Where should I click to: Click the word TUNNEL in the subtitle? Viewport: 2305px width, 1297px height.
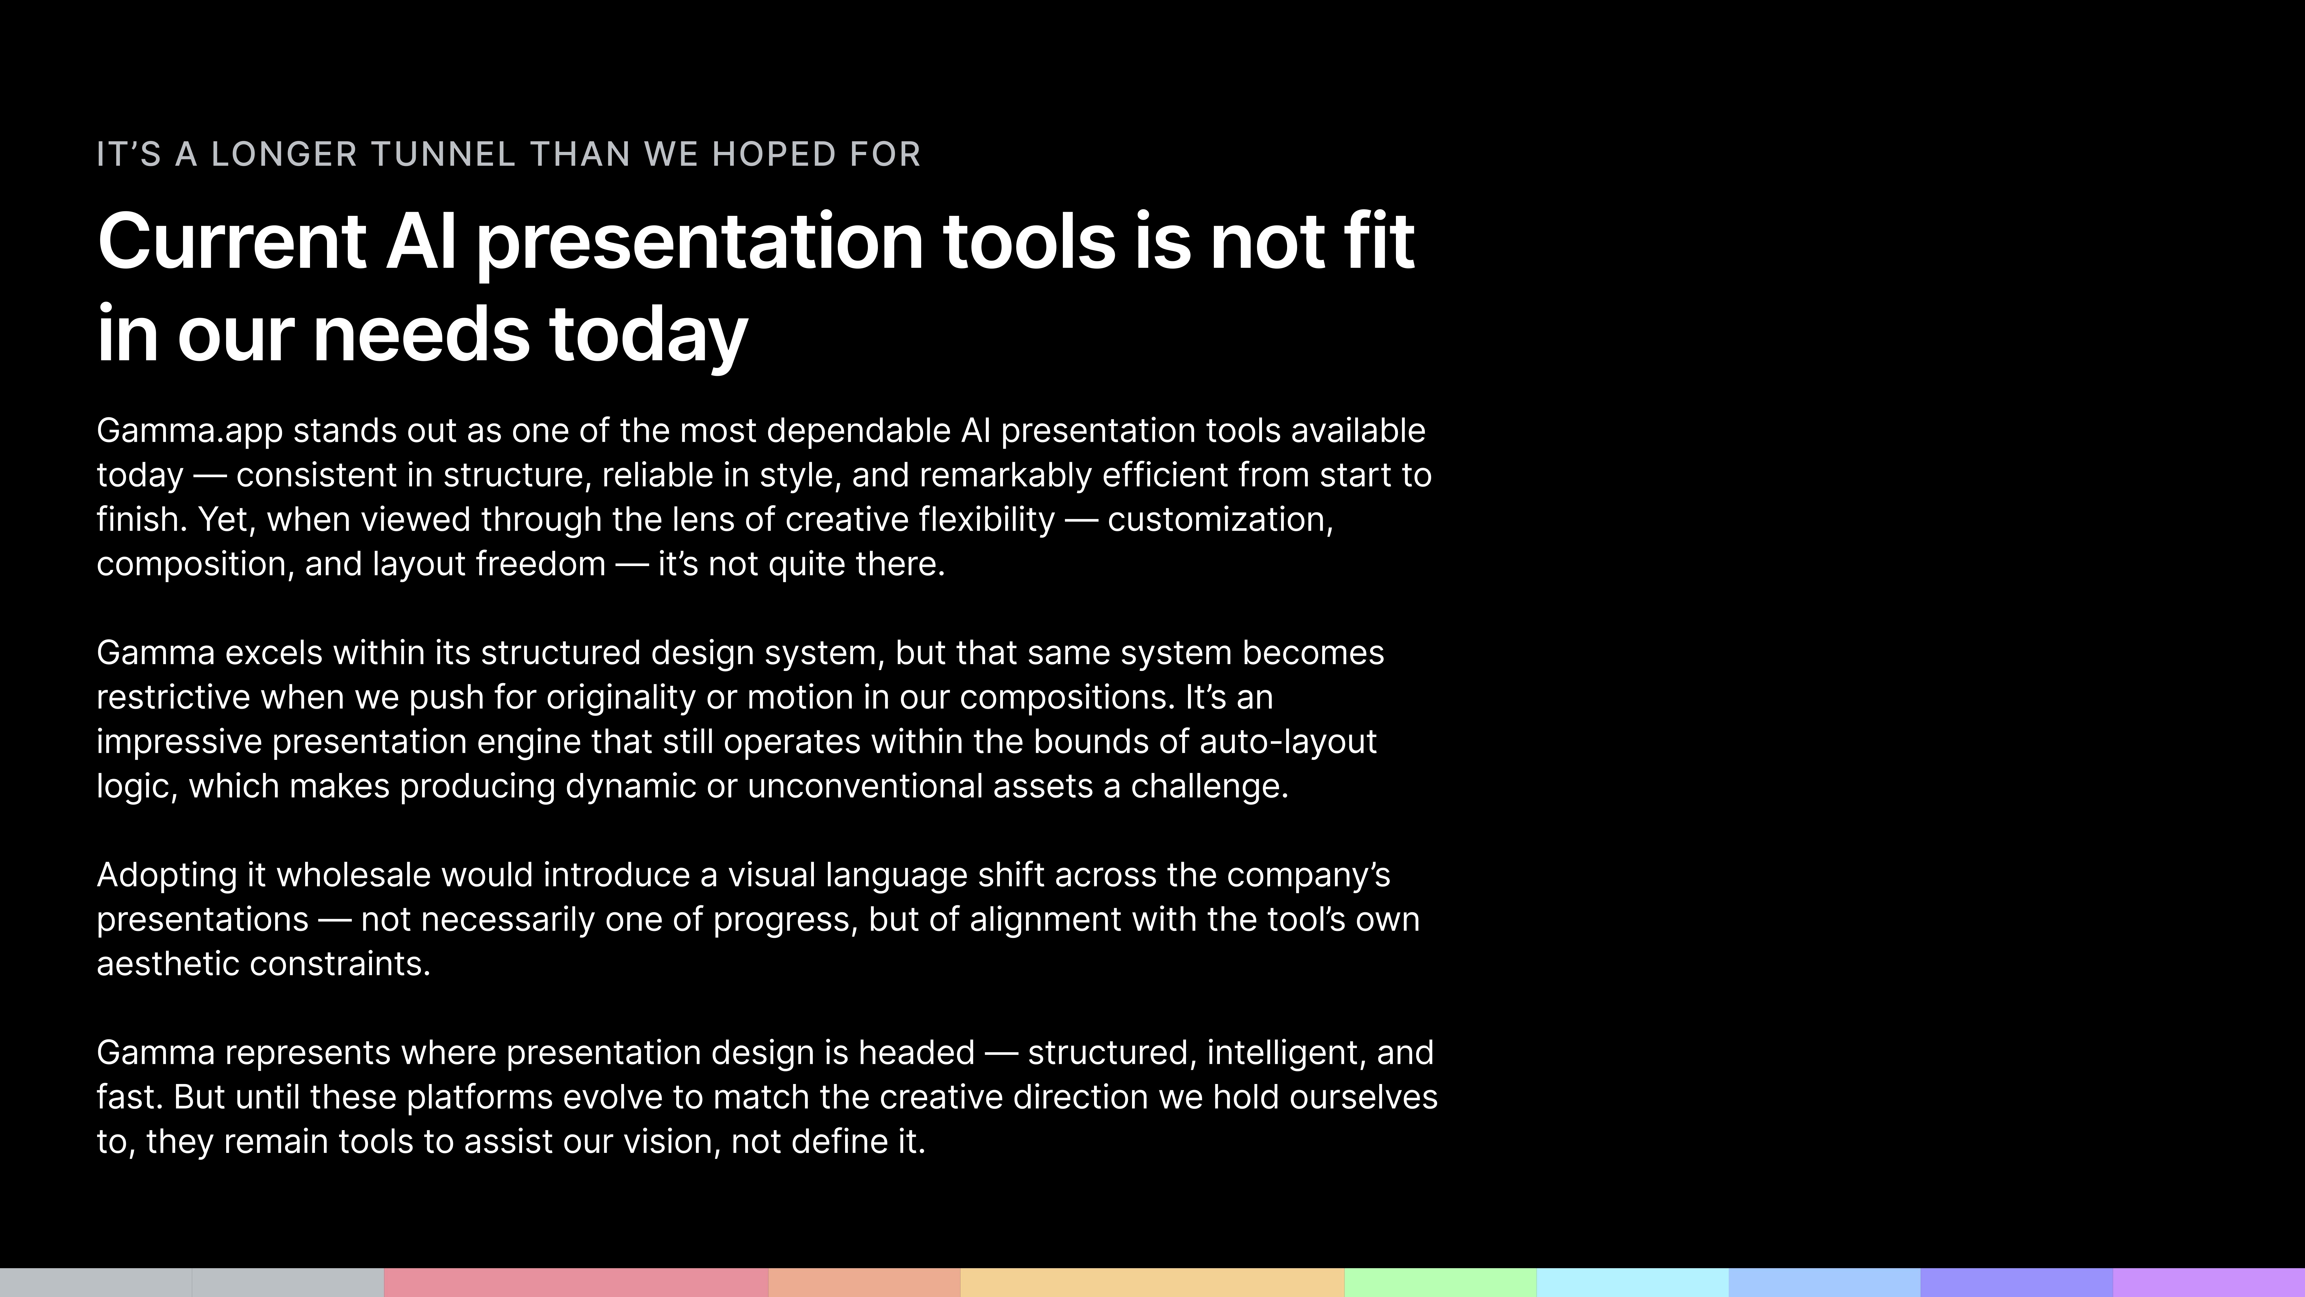coord(443,154)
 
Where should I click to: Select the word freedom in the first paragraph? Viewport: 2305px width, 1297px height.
coord(541,564)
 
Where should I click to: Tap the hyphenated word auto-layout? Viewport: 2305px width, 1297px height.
coord(1288,742)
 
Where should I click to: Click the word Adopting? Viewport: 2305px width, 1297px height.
coord(167,875)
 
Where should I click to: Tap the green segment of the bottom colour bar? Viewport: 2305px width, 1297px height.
coord(1440,1282)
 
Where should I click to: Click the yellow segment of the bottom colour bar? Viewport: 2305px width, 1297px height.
coord(1152,1282)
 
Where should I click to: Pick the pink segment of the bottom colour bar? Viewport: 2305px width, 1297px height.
coord(575,1282)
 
